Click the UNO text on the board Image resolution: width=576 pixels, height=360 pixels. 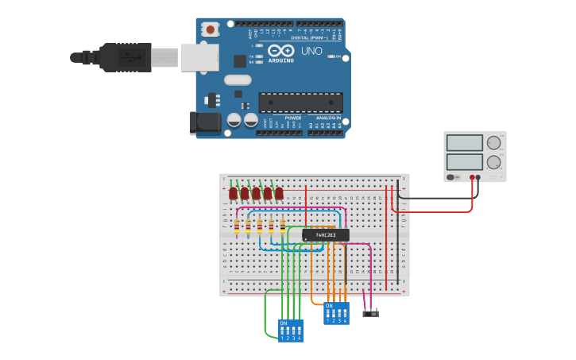pyautogui.click(x=311, y=51)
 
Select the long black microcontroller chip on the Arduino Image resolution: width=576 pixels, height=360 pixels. pyautogui.click(x=300, y=103)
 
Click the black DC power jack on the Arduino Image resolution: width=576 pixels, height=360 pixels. pyautogui.click(x=204, y=122)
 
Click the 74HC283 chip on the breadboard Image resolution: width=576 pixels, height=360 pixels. pyautogui.click(x=325, y=234)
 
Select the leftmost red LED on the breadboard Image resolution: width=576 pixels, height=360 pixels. pyautogui.click(x=233, y=193)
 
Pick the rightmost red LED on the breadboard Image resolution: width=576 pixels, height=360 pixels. pyautogui.click(x=279, y=193)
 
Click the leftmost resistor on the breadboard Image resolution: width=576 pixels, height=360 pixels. pyautogui.click(x=237, y=226)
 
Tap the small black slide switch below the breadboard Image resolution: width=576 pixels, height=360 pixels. pyautogui.click(x=370, y=313)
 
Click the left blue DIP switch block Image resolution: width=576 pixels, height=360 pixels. pyautogui.click(x=290, y=330)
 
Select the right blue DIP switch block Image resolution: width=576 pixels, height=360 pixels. pyautogui.click(x=336, y=312)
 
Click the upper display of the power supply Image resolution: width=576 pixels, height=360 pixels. pyautogui.click(x=464, y=143)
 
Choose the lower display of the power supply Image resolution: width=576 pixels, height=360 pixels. pyautogui.click(x=464, y=162)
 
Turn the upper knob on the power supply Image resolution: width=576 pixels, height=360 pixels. pyautogui.click(x=493, y=143)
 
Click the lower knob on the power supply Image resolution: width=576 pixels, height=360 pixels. pyautogui.click(x=493, y=162)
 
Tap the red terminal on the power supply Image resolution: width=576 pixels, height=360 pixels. pyautogui.click(x=473, y=177)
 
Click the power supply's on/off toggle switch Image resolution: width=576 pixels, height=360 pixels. pyautogui.click(x=451, y=177)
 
